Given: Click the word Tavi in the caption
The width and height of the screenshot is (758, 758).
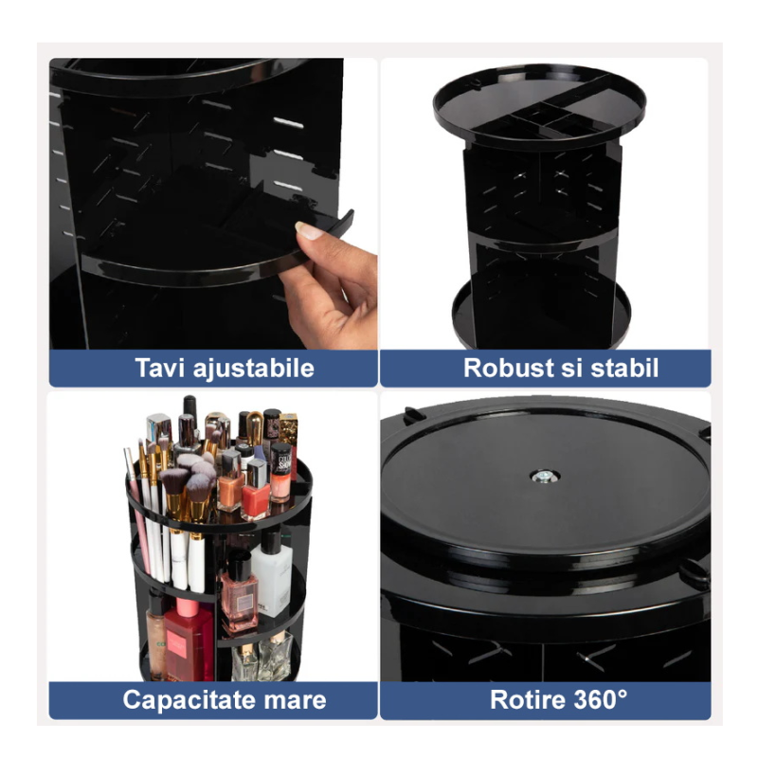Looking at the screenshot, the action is (159, 368).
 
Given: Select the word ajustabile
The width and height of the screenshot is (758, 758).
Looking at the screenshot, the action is (253, 369).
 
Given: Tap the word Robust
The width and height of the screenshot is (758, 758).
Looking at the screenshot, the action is (508, 368).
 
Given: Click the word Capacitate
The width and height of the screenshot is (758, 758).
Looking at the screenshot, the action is (186, 700).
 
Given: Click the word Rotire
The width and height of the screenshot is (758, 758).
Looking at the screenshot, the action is (528, 699).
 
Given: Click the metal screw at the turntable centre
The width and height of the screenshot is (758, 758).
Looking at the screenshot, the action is (544, 478).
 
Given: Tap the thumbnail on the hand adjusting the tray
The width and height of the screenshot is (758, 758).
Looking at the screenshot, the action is (309, 230).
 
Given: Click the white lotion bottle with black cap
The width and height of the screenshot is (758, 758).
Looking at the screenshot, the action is (272, 574).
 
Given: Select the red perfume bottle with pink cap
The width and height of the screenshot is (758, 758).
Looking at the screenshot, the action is (188, 638).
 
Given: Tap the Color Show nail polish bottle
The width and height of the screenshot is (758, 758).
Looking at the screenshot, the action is (280, 472).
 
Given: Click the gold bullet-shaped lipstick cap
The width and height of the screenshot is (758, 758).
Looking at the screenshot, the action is (255, 428).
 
